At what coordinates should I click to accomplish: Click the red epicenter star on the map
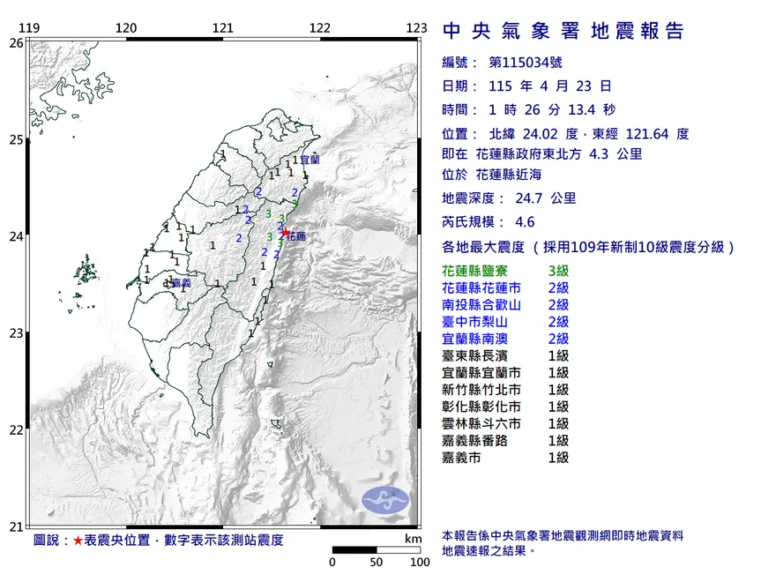[285, 232]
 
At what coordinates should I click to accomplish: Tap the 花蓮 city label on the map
[297, 237]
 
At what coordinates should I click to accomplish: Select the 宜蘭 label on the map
[310, 160]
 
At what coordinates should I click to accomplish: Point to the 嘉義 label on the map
[182, 283]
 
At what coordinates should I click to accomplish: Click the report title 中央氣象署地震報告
[563, 32]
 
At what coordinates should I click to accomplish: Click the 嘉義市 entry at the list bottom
[462, 457]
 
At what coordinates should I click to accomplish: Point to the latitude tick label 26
[16, 42]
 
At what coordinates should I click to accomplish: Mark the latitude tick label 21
[16, 526]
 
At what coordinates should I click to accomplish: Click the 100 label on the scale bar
[419, 562]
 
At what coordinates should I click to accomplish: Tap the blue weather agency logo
[385, 500]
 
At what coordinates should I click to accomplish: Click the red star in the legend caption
[78, 540]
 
